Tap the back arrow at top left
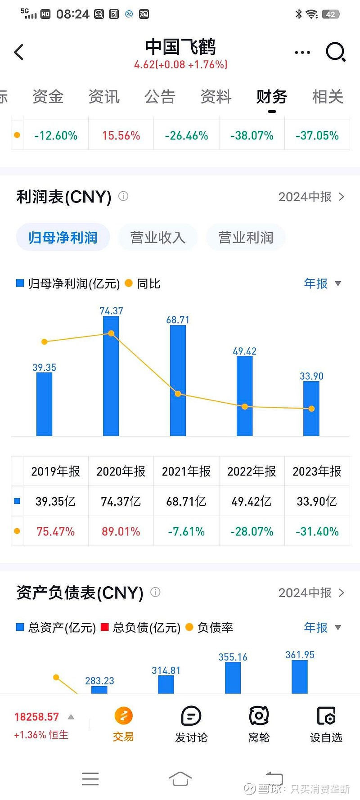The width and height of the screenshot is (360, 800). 19,52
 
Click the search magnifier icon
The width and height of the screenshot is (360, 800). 335,52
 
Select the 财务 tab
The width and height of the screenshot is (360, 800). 272,97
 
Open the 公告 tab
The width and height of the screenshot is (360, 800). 160,97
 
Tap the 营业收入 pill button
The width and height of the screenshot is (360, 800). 157,238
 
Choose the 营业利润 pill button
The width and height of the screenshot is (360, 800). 246,238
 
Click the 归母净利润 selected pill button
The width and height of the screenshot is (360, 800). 63,238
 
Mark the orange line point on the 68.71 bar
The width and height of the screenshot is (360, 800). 178,394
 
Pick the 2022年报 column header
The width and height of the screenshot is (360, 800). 252,471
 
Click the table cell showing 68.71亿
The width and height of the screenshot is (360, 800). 186,501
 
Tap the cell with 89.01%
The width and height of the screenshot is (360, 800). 121,531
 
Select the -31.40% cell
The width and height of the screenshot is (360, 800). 317,531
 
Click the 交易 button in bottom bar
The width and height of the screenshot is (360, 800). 123,724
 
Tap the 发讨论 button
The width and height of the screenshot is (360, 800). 191,724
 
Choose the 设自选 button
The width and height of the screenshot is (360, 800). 326,724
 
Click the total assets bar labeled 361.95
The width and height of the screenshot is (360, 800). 300,677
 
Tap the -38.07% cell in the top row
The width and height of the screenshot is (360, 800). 252,135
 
